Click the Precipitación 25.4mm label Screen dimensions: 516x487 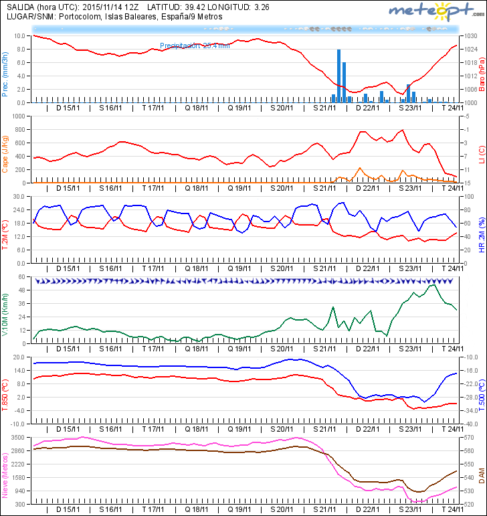[195, 46]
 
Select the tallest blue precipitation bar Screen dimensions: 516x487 [339, 75]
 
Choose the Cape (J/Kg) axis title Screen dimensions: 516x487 [5, 153]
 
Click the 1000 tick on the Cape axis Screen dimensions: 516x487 [19, 116]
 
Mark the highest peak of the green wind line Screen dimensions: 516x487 [433, 285]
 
